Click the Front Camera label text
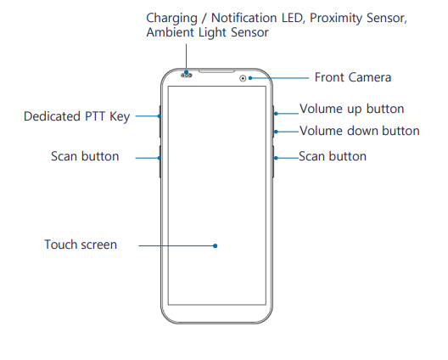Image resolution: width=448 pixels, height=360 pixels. pos(353,77)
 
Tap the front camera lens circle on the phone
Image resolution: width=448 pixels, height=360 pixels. pos(243,78)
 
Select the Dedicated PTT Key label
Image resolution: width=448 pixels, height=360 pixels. pos(76,116)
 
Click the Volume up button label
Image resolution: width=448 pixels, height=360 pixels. pos(352,109)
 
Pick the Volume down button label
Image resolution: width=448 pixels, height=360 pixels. pos(360,131)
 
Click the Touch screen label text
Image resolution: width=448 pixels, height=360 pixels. pos(81,245)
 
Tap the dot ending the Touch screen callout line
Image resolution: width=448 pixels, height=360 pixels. pos(216,245)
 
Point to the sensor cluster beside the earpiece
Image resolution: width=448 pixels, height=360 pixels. pos(187,76)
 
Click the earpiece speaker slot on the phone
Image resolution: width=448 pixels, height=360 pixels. pos(216,70)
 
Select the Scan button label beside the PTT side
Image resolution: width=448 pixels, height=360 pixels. pos(85,156)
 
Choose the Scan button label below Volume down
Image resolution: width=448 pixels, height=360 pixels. pos(333,156)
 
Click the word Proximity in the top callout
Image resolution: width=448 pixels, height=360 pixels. pos(336,19)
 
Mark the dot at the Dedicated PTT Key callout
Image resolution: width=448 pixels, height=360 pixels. pos(160,116)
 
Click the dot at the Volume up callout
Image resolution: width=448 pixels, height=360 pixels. pos(276,114)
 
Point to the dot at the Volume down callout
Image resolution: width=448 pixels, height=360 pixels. pos(276,132)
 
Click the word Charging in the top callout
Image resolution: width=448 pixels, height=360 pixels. pos(171,19)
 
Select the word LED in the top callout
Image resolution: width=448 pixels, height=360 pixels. pos(292,18)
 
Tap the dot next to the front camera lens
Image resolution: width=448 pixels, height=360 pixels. pos(250,78)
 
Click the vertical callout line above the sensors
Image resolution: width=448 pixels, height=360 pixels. pos(187,57)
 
